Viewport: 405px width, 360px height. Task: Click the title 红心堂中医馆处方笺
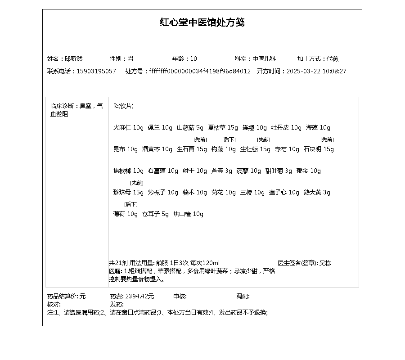pos(202,22)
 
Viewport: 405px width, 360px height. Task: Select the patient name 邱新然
pos(73,58)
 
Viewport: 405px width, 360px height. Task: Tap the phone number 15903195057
pos(96,71)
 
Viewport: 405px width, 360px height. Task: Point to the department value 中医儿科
pos(264,58)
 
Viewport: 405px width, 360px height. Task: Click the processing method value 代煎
pos(333,58)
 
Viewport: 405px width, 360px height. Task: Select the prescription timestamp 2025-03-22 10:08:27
pos(316,71)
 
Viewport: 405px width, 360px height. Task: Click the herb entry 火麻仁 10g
pos(128,128)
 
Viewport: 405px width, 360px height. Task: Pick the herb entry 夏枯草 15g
pos(223,128)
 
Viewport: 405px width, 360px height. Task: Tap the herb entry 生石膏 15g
pos(192,149)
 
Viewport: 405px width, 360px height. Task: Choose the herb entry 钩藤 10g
pos(224,149)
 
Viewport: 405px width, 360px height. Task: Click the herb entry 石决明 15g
pos(319,149)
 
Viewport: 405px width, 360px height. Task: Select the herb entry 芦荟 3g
pos(222,171)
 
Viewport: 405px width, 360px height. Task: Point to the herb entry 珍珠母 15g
pos(128,193)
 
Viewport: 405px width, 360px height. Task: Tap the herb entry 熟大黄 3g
pos(317,193)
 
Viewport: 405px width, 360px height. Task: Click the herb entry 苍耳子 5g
pos(155,214)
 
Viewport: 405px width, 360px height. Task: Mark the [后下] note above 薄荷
pos(131,204)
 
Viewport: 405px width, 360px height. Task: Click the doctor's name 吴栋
pos(325,263)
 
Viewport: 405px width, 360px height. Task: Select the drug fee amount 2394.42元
pos(139,297)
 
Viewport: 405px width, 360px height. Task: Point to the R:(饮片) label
pos(123,106)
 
